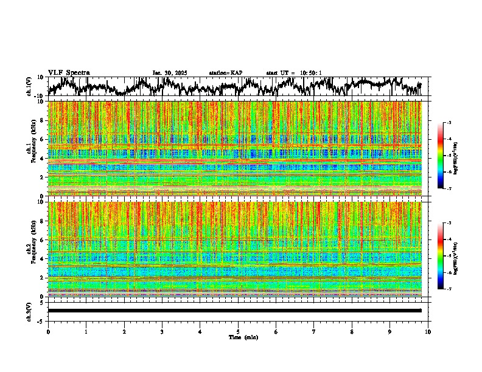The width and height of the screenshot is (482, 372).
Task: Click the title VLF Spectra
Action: pyautogui.click(x=69, y=72)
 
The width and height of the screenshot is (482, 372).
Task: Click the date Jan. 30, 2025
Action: pyautogui.click(x=170, y=73)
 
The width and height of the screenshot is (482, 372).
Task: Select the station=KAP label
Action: pyautogui.click(x=225, y=73)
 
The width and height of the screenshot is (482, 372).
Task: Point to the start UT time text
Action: pyautogui.click(x=294, y=73)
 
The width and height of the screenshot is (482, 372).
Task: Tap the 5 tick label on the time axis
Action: pyautogui.click(x=238, y=332)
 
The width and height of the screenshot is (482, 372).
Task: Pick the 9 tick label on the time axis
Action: pyautogui.click(x=390, y=332)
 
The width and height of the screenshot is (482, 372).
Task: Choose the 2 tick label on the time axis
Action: pyautogui.click(x=124, y=332)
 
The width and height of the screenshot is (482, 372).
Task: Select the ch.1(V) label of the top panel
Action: pyautogui.click(x=29, y=86)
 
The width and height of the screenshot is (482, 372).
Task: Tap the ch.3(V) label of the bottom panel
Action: pyautogui.click(x=29, y=311)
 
